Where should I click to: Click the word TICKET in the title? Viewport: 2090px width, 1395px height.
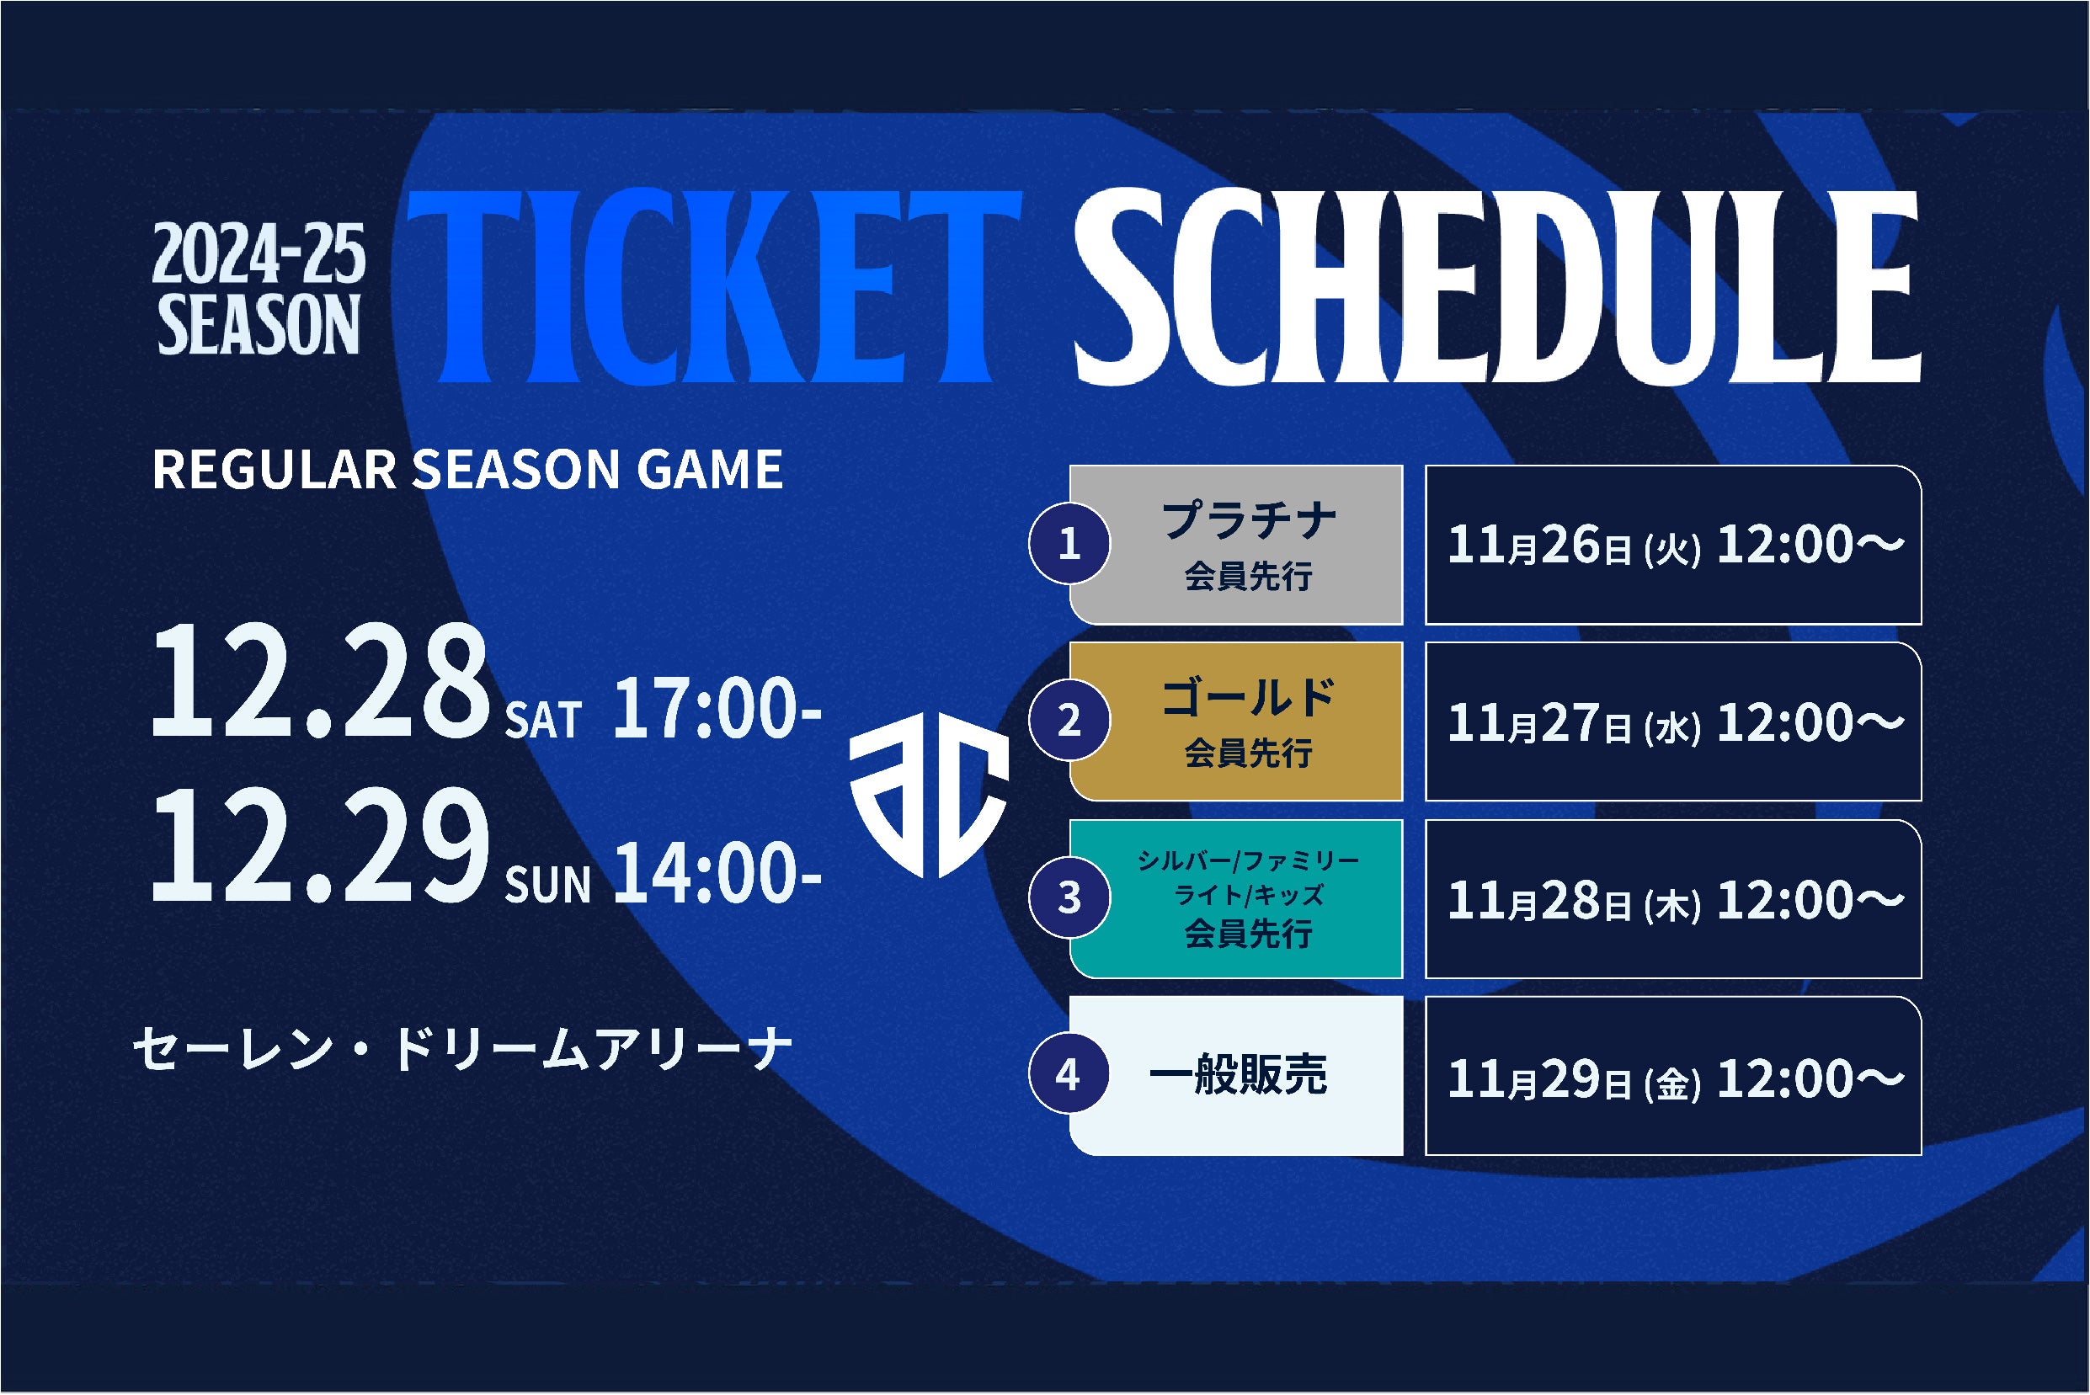click(714, 286)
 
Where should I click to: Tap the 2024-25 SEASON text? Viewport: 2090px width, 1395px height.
click(259, 289)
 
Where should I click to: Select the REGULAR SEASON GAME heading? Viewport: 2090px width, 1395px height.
click(467, 469)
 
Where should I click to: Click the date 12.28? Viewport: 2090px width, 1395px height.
click(319, 680)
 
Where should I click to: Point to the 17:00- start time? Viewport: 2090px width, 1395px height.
click(717, 708)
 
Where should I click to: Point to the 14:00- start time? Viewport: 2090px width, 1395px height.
click(717, 873)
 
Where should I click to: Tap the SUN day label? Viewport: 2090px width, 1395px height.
click(547, 884)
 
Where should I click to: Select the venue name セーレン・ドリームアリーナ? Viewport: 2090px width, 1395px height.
click(461, 1049)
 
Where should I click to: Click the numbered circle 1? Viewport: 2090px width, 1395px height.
click(1069, 543)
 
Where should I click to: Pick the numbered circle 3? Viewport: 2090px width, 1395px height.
click(1069, 897)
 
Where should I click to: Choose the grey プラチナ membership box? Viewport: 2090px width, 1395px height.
click(1236, 544)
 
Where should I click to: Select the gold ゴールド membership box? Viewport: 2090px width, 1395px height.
click(1236, 721)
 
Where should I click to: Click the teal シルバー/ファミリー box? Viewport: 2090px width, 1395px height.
click(1236, 898)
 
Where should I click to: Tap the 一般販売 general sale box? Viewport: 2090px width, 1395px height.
click(1236, 1076)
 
